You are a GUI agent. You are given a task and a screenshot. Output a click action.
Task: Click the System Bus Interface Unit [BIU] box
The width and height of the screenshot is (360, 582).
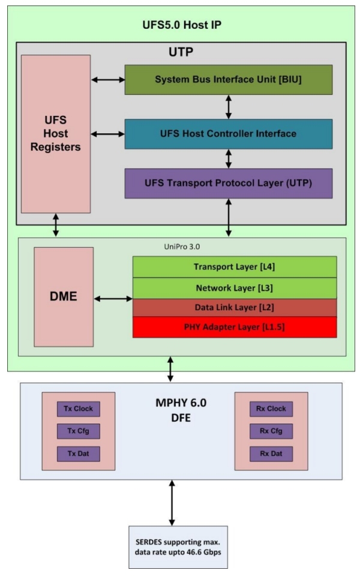click(x=228, y=79)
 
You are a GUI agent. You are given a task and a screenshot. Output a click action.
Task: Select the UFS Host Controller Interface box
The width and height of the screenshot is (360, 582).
click(x=228, y=134)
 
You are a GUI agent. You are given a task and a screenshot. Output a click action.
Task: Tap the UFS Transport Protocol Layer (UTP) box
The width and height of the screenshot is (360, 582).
click(x=228, y=184)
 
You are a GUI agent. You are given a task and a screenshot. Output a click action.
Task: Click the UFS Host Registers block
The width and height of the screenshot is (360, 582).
click(x=56, y=134)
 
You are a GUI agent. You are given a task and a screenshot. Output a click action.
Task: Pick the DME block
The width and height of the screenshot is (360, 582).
click(x=64, y=296)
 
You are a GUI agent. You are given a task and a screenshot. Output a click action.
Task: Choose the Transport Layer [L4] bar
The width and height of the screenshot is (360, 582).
click(x=234, y=266)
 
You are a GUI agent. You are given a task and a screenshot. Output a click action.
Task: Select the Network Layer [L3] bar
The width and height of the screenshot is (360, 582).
click(x=234, y=287)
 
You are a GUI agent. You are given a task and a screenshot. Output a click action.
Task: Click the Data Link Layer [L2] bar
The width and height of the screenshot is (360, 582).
click(x=234, y=307)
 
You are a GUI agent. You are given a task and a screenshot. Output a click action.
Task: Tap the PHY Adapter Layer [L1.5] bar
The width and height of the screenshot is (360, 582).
click(x=234, y=327)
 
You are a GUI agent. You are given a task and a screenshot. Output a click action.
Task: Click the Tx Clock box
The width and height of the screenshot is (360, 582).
click(x=79, y=409)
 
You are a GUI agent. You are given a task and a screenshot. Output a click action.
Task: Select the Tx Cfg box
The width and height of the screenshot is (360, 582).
click(x=79, y=431)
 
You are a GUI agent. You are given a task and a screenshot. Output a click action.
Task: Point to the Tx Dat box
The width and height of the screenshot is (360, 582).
click(x=79, y=454)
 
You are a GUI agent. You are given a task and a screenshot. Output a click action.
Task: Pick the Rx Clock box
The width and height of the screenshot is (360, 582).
click(x=271, y=409)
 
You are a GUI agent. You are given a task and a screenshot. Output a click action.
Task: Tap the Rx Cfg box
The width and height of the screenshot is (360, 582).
click(x=271, y=431)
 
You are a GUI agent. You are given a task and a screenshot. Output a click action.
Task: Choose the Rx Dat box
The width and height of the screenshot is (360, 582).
click(x=271, y=454)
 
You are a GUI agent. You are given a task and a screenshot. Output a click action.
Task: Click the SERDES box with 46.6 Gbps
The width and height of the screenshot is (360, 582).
click(x=172, y=547)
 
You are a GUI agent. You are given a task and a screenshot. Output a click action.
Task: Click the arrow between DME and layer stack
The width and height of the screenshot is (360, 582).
click(x=112, y=298)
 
